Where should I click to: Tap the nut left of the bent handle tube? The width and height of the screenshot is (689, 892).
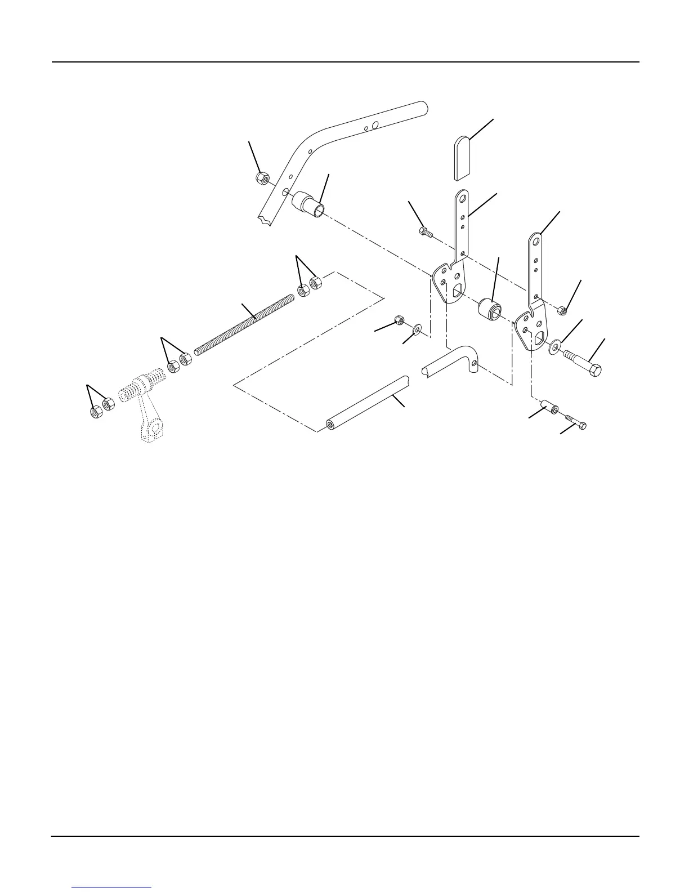point(261,179)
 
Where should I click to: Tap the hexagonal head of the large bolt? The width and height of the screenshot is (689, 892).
point(594,371)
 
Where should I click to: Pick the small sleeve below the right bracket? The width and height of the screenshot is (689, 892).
point(549,407)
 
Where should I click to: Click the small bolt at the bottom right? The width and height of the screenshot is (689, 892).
point(575,422)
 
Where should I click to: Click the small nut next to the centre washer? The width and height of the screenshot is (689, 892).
point(400,320)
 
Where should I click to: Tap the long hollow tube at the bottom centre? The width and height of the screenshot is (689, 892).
point(366,403)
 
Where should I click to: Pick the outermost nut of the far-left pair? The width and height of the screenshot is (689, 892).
point(96,411)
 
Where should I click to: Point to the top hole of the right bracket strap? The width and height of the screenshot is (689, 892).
point(538,241)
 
